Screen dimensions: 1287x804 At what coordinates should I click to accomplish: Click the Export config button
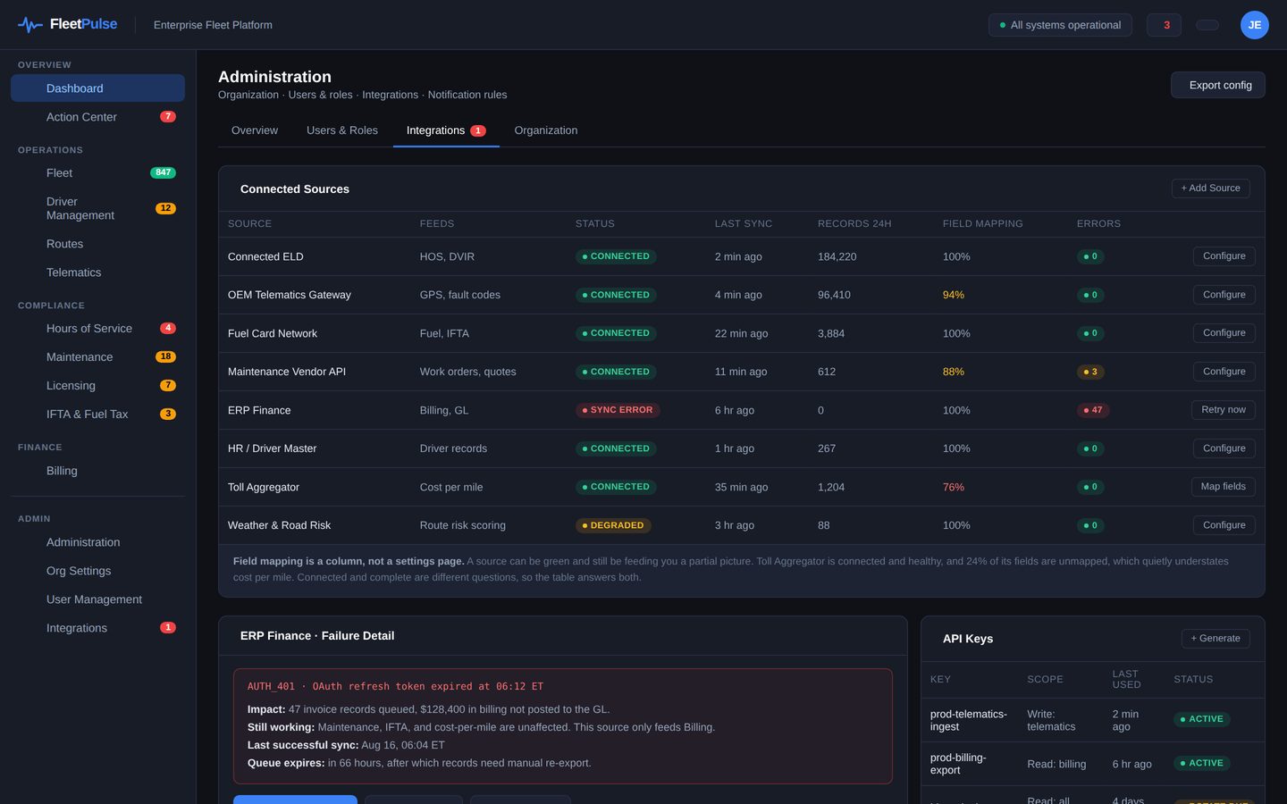point(1217,85)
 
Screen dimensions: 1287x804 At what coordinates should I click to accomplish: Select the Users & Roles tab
point(341,130)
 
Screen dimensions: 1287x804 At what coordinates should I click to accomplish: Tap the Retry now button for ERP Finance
point(1224,410)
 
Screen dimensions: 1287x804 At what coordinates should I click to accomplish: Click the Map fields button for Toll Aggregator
point(1224,487)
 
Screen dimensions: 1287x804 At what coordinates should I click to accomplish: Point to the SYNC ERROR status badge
point(617,410)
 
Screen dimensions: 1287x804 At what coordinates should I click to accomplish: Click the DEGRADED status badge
point(613,525)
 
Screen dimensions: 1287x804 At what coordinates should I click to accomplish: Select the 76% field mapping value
point(953,487)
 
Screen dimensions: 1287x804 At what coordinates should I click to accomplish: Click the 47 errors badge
point(1092,410)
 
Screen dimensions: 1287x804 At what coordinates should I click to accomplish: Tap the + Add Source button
point(1210,188)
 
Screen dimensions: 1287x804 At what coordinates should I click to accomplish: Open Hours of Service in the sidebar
point(89,329)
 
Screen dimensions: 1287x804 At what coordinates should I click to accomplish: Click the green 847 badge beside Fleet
point(164,173)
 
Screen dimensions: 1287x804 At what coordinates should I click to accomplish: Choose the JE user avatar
point(1254,25)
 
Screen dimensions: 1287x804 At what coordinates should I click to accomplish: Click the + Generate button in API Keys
point(1215,639)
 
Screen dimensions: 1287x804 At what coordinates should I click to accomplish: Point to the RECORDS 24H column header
point(854,223)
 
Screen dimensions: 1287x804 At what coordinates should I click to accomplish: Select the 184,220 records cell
point(837,256)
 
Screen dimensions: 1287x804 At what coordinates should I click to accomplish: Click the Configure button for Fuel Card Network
point(1224,333)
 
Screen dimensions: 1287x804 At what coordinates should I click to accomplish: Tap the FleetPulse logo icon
point(29,25)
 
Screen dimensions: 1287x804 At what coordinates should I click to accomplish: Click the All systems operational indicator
point(1060,25)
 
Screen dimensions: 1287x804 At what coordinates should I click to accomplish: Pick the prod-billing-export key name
point(958,764)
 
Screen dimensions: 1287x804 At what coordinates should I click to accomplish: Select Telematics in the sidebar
point(73,272)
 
